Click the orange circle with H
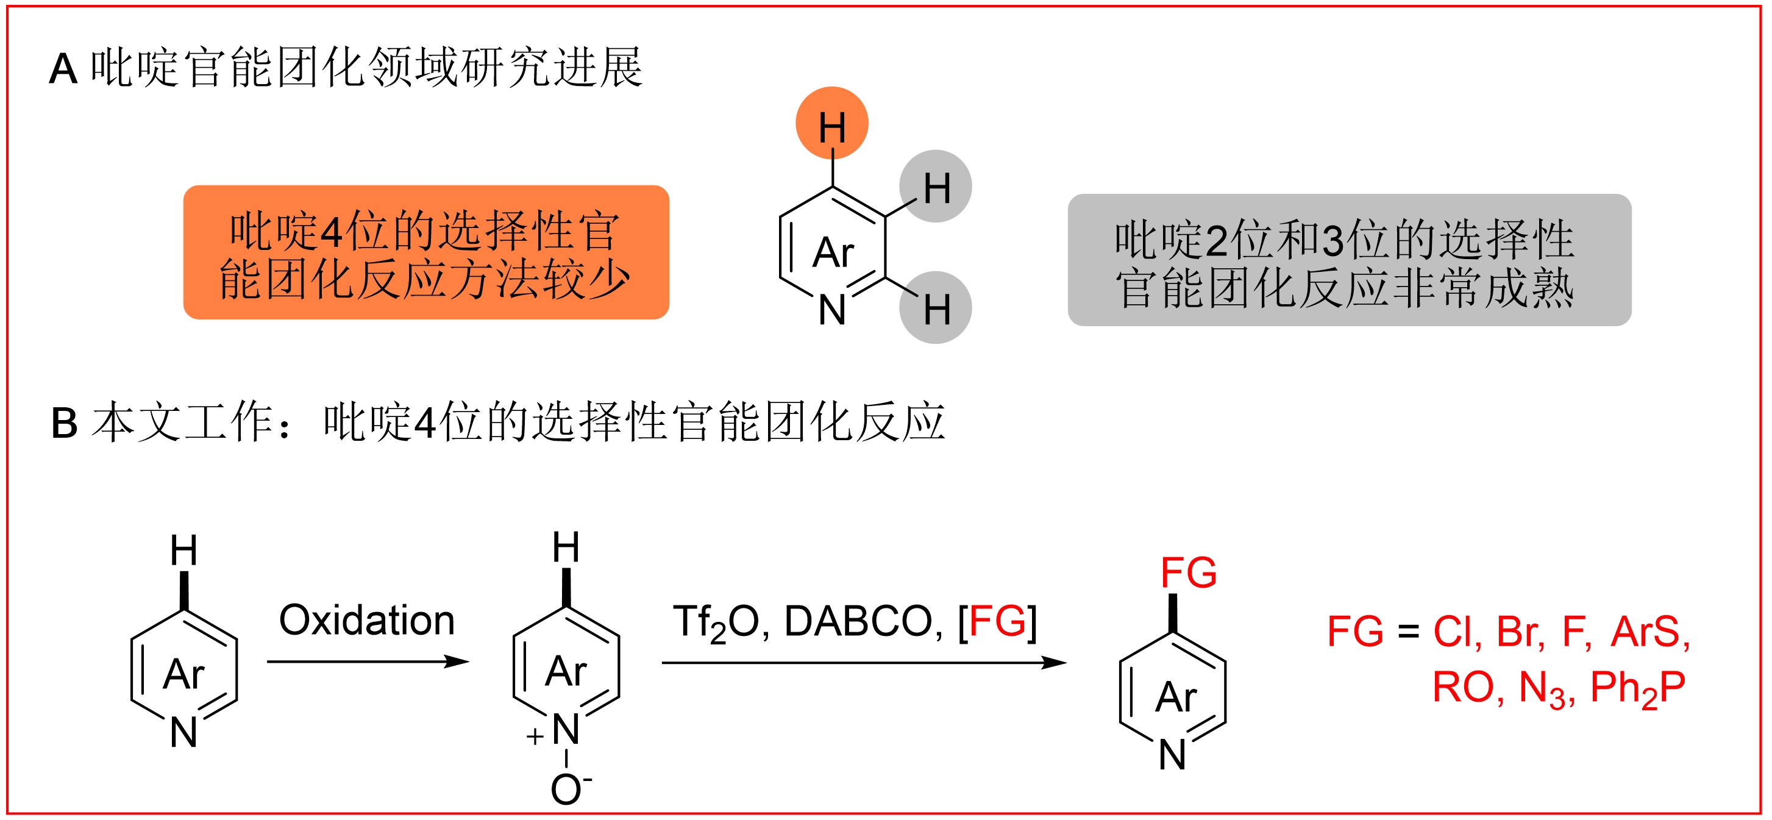(x=831, y=123)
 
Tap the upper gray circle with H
(x=936, y=187)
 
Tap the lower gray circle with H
(x=936, y=307)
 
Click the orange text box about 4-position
(x=426, y=252)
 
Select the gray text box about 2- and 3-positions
(x=1349, y=260)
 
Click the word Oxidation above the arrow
(x=366, y=621)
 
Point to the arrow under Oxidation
(x=368, y=661)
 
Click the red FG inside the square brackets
(x=997, y=621)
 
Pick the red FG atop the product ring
(x=1188, y=572)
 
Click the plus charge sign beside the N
(x=535, y=736)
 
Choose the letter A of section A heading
(x=63, y=70)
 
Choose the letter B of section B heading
(x=64, y=422)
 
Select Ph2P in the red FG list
(x=1637, y=688)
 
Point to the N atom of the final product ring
(x=1172, y=755)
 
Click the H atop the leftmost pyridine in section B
(x=183, y=551)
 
